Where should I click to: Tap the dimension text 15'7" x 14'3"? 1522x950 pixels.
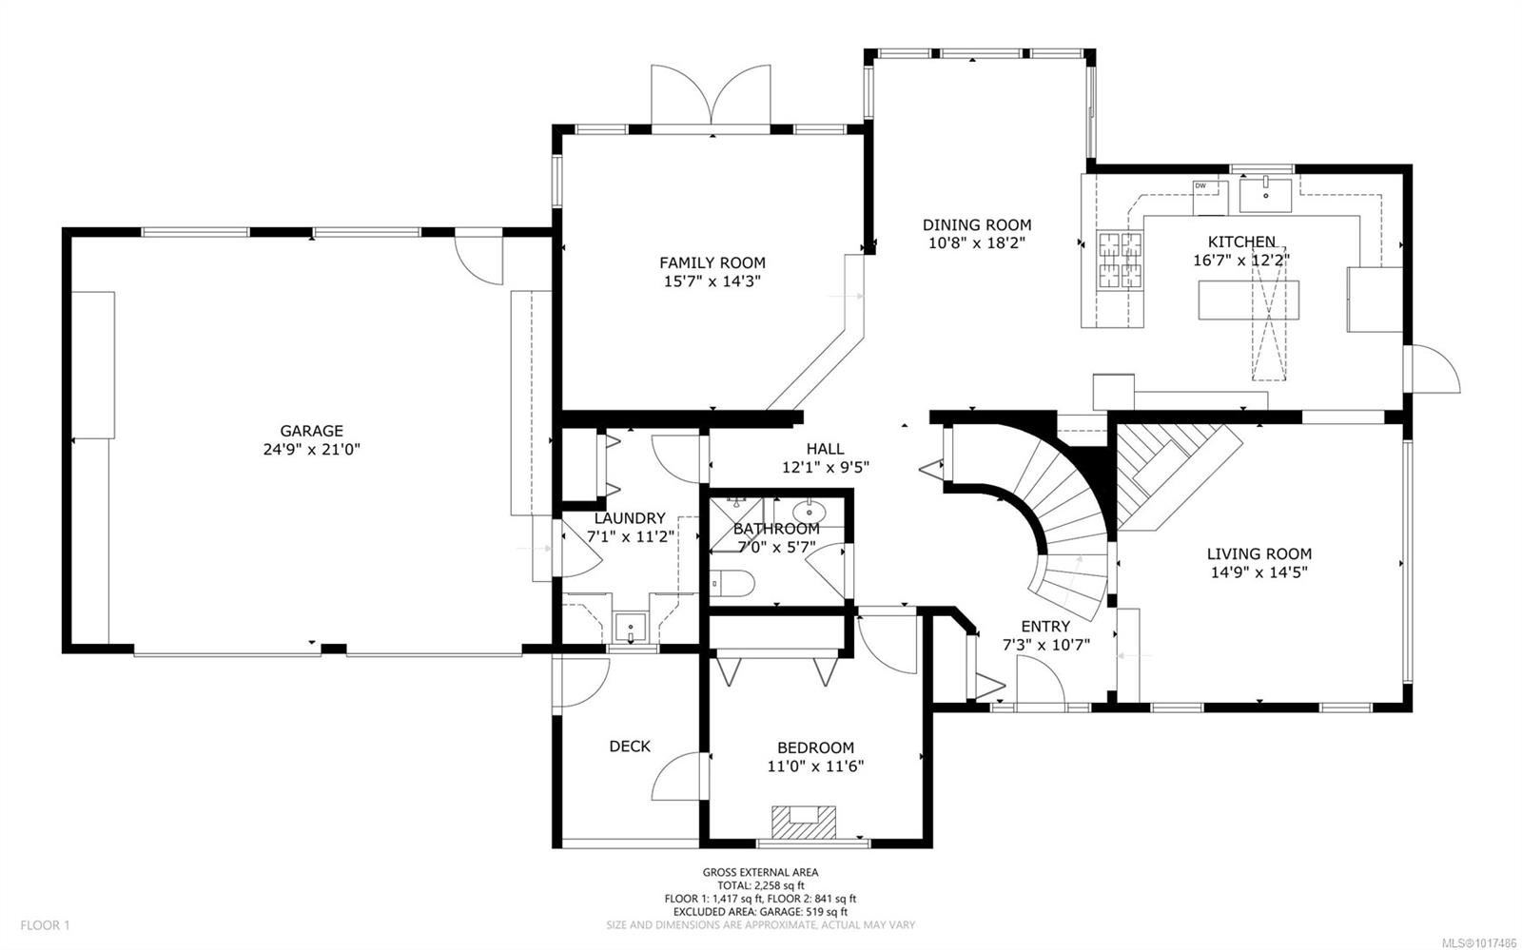point(712,281)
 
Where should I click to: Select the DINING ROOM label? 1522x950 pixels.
point(976,224)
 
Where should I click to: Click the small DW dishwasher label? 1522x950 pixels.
point(1200,185)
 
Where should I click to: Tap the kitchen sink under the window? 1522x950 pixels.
point(1266,194)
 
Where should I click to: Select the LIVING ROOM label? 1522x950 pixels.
point(1259,553)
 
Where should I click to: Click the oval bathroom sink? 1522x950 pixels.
point(810,510)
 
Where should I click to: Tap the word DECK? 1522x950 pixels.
point(630,746)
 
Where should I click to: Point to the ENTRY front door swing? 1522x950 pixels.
point(1040,683)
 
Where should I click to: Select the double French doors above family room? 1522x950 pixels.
point(711,95)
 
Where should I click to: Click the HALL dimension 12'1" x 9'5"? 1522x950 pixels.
point(825,467)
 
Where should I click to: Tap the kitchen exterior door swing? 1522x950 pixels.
point(1433,367)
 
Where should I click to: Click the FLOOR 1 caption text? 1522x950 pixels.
point(46,924)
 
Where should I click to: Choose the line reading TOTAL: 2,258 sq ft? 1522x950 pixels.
point(760,884)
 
